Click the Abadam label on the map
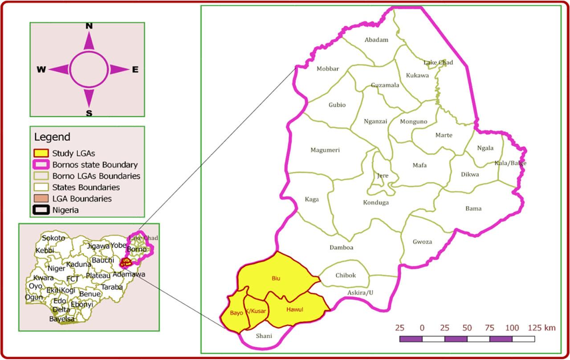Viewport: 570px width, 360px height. (376, 40)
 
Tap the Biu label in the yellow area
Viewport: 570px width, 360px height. (276, 279)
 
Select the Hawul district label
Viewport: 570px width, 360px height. (295, 310)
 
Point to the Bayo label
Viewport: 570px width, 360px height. (236, 313)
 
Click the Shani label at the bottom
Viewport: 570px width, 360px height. (264, 336)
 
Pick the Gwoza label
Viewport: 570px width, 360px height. (422, 242)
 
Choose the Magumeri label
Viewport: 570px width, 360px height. (325, 150)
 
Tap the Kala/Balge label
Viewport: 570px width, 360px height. (510, 163)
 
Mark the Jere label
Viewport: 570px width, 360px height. (383, 176)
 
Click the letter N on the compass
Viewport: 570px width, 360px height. (89, 26)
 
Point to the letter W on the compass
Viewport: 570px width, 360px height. (41, 69)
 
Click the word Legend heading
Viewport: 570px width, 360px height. (52, 137)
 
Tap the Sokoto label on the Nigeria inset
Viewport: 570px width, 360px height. (53, 238)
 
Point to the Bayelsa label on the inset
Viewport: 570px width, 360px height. (61, 319)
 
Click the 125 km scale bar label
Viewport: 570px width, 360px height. (541, 328)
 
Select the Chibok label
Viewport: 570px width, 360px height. (346, 275)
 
